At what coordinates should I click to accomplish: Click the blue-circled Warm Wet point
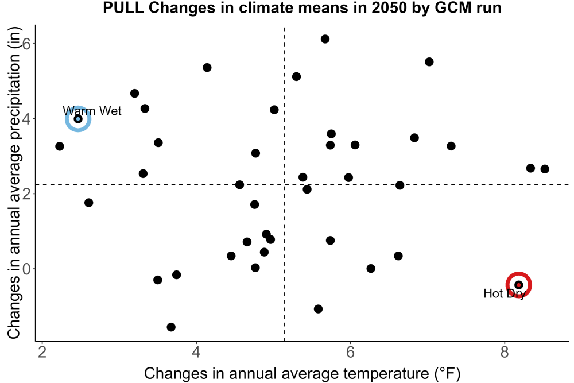click(78, 119)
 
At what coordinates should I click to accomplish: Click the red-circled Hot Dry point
click(518, 285)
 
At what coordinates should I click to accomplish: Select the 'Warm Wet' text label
click(92, 111)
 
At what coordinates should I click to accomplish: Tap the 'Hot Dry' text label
click(505, 293)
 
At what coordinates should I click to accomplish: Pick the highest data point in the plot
click(325, 39)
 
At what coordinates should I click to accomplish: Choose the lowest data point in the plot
click(171, 327)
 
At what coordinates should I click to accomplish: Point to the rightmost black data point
click(545, 169)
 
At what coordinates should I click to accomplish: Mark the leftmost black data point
click(60, 146)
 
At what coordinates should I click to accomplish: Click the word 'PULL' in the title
click(123, 7)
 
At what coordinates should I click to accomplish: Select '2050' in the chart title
click(389, 7)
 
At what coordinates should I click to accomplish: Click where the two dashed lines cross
click(285, 184)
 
